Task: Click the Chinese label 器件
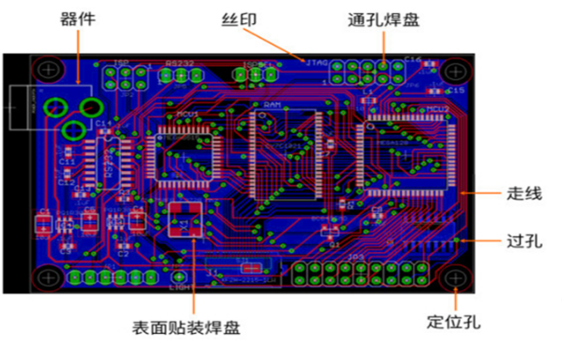point(77,18)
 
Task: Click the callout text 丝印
point(237,18)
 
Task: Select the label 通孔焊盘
point(381,18)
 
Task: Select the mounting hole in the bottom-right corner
point(454,277)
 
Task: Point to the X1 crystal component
point(185,223)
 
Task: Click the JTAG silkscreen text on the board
point(314,63)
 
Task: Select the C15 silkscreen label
point(456,90)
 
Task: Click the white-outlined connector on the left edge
point(23,108)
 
